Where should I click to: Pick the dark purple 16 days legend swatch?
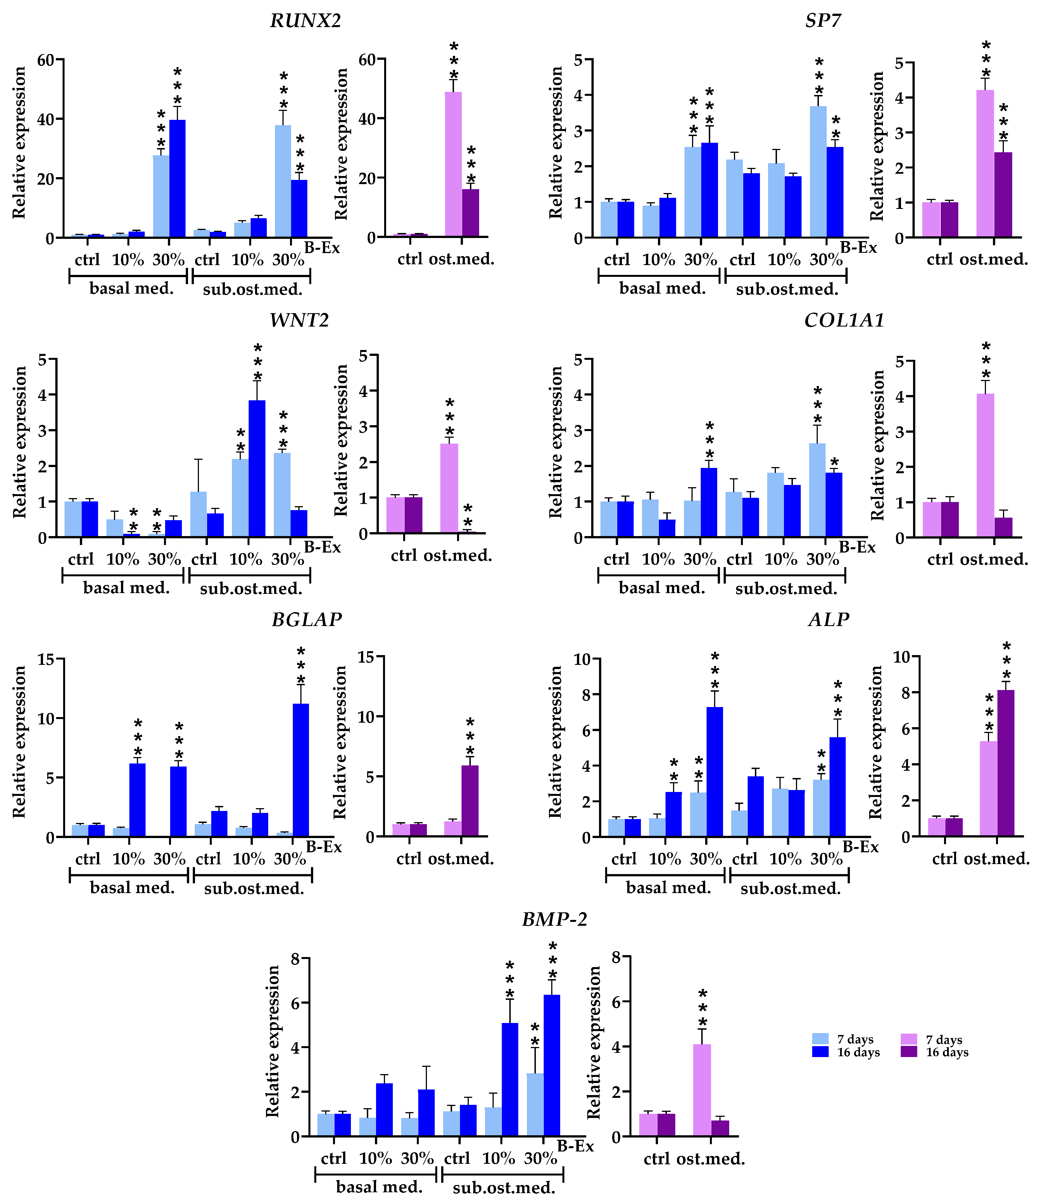point(909,1052)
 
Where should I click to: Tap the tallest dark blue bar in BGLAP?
point(301,770)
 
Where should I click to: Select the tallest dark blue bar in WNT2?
point(257,468)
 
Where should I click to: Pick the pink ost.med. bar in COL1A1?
point(985,465)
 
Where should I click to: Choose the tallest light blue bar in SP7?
point(818,172)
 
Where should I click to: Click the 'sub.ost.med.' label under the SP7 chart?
point(787,289)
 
